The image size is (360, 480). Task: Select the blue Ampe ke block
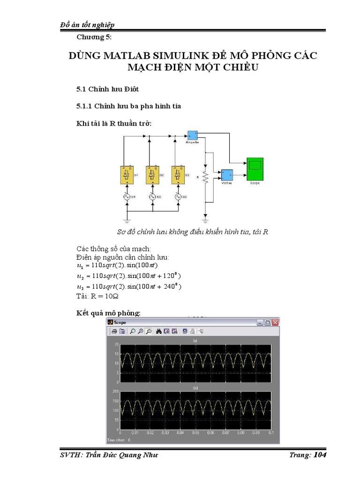coord(192,135)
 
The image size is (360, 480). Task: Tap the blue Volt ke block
coord(227,175)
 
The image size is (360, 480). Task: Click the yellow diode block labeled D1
coord(125,175)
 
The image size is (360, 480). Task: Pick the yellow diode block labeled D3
coord(178,175)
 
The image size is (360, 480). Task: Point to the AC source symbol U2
coord(152,197)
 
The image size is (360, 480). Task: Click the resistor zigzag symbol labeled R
coord(205,177)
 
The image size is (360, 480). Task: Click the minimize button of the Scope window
coord(259,322)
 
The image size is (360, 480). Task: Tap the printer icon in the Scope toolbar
coord(114,331)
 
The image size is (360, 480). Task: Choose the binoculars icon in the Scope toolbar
coord(159,331)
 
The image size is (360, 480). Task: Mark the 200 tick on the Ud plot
coord(116,391)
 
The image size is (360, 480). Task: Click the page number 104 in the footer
coord(320,455)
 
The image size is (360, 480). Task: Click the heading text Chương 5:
coord(94,37)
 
